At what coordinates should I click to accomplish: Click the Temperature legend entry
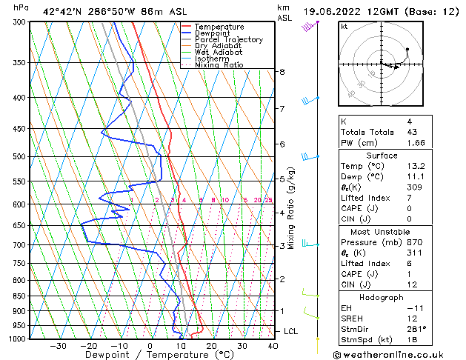(x=220, y=27)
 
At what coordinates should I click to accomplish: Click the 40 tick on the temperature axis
(x=273, y=345)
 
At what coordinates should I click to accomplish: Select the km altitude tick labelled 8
(x=282, y=72)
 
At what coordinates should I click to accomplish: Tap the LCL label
(x=291, y=330)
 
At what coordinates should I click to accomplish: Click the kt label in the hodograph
(x=344, y=26)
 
